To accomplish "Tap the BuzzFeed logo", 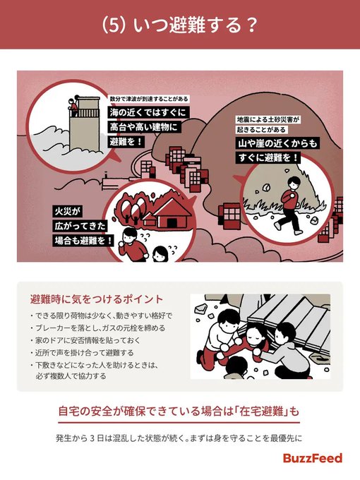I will pos(313,458).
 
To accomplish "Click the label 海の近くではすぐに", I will pos(146,113).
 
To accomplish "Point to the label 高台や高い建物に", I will pos(143,127).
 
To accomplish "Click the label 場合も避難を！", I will pos(83,241).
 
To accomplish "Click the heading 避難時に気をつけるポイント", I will pos(97,299).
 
